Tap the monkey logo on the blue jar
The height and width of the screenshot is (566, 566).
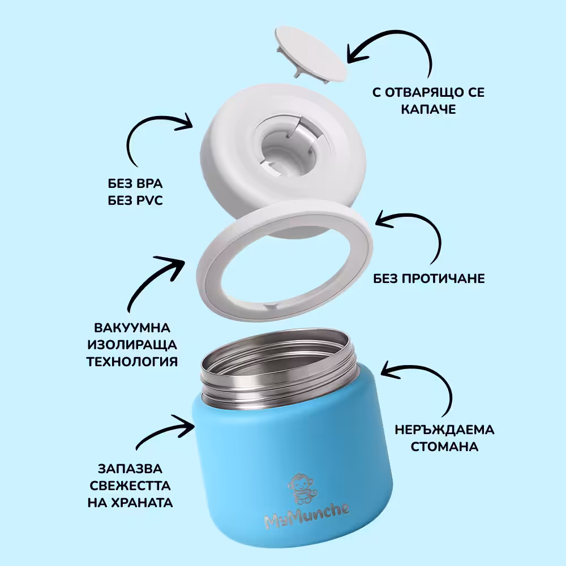point(302,489)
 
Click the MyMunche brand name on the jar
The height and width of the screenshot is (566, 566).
point(307,516)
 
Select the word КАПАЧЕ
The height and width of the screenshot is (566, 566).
point(428,109)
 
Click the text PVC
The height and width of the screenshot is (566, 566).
point(148,200)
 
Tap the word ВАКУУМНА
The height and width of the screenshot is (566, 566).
point(132,328)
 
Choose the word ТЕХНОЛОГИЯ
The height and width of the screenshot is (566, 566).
point(132,361)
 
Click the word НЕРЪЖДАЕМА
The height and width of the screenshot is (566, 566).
point(444,430)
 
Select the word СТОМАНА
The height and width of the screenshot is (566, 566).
point(444,447)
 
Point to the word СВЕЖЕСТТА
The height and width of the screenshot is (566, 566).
point(130,486)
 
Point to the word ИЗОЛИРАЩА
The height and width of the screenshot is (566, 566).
point(132,345)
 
